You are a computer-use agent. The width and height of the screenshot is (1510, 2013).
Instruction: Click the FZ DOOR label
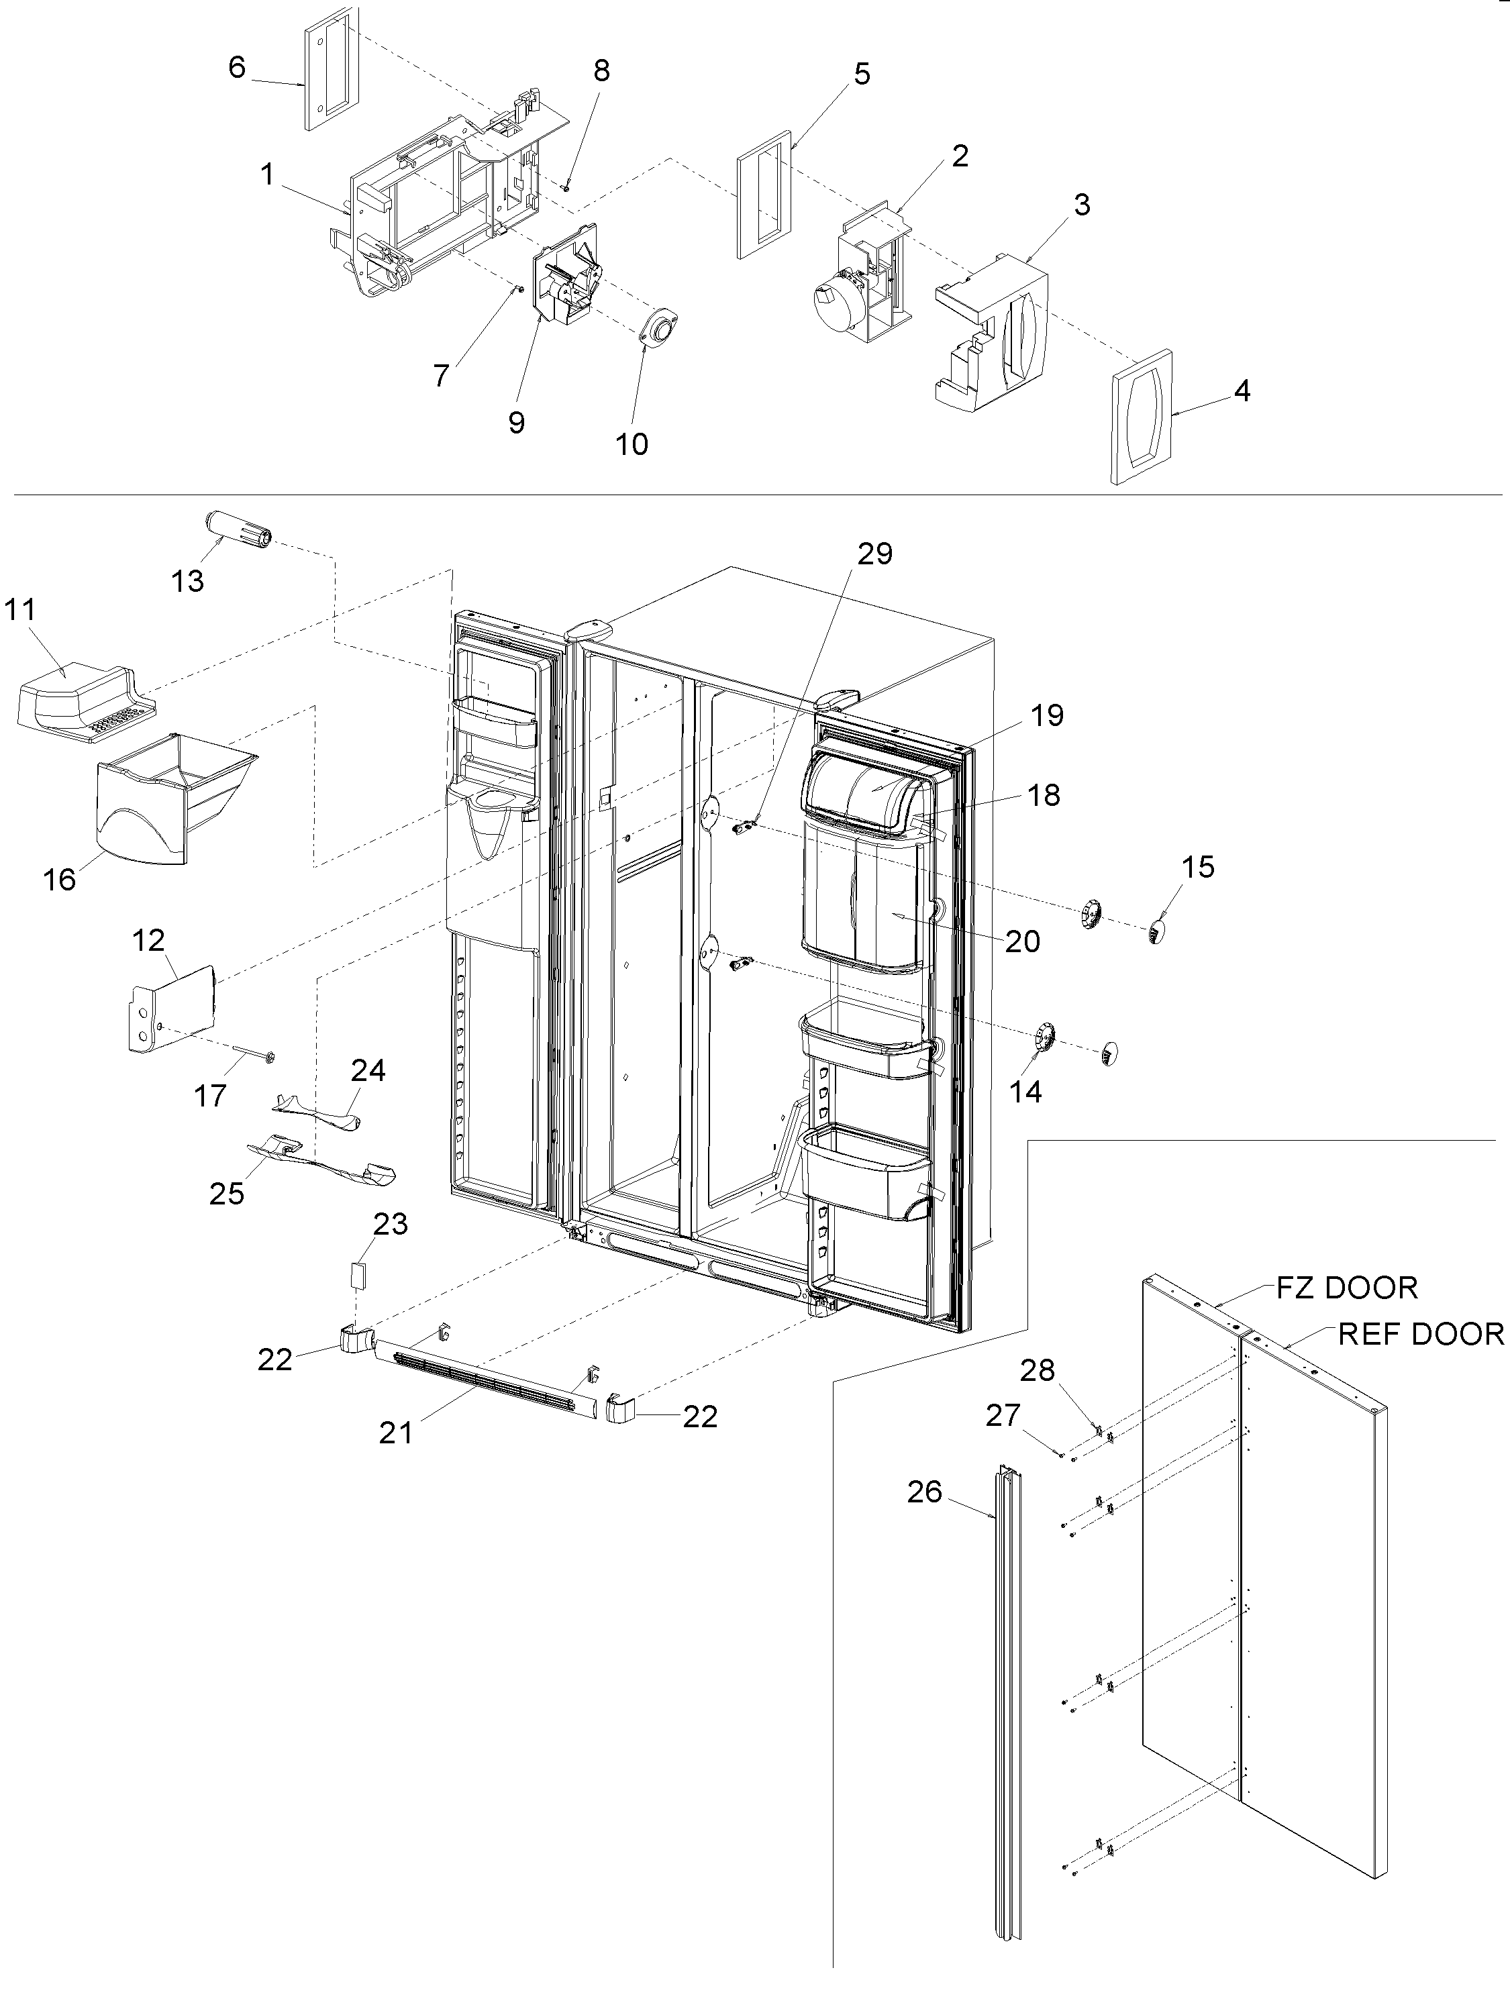(1346, 1288)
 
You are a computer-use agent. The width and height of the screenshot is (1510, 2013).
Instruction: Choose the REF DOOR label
(1420, 1334)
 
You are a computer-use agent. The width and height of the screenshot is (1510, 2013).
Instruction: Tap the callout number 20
(1022, 941)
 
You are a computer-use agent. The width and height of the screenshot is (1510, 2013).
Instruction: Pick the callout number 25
(227, 1192)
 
